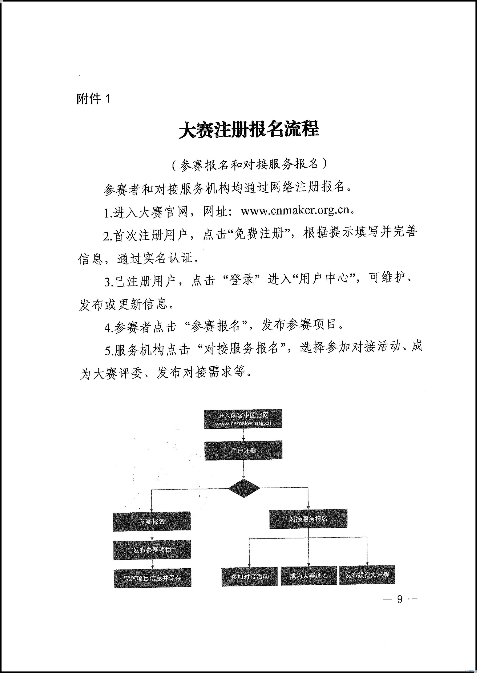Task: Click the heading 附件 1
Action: (x=93, y=99)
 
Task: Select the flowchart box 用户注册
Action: (x=243, y=450)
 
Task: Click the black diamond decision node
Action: (x=244, y=488)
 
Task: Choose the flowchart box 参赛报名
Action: (x=152, y=521)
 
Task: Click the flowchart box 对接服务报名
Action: (x=308, y=519)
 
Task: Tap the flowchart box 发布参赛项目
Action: (x=152, y=550)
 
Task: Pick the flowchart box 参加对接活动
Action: (x=249, y=577)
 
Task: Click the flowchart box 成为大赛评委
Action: (x=308, y=576)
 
